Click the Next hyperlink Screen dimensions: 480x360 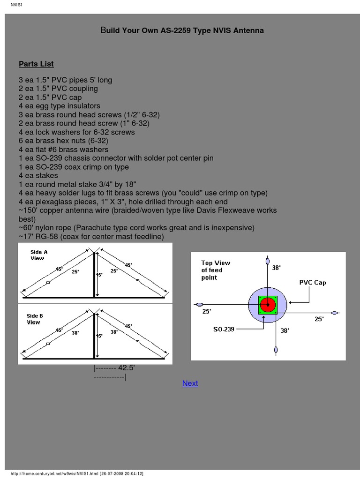coord(190,383)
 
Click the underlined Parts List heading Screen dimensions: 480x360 coord(36,64)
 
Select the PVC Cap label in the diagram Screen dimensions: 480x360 coord(313,283)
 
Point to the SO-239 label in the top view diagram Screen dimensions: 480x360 coord(224,330)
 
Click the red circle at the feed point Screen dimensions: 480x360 coord(268,305)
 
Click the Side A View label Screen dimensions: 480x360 coord(39,255)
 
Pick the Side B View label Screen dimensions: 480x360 coord(34,319)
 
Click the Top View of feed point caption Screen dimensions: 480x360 coord(216,270)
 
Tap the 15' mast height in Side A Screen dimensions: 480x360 coord(99,275)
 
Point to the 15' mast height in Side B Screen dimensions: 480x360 coord(99,336)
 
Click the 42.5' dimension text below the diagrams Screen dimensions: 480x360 coord(127,368)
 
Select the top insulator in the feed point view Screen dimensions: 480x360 coord(268,261)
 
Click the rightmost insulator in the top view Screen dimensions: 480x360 coord(334,313)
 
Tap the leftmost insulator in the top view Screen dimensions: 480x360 coord(200,304)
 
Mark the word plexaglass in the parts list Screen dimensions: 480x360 coord(53,202)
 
